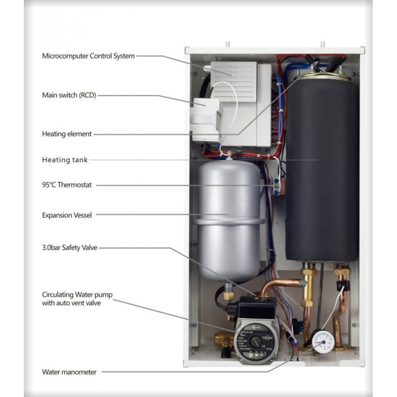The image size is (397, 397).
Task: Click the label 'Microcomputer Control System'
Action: pyautogui.click(x=88, y=56)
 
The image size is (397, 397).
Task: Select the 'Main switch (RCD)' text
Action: pyautogui.click(x=69, y=95)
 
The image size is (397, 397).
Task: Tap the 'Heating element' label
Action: pyautogui.click(x=66, y=133)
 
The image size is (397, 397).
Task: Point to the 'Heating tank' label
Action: pyautogui.click(x=65, y=160)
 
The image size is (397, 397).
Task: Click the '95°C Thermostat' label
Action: pyautogui.click(x=67, y=185)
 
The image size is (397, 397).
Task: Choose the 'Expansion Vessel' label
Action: pyautogui.click(x=67, y=215)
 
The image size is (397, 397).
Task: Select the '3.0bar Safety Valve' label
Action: pyautogui.click(x=69, y=247)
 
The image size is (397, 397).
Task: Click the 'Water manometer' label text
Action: pyautogui.click(x=69, y=372)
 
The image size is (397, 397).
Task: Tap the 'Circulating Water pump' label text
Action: pyautogui.click(x=77, y=295)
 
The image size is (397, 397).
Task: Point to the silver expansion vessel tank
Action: pyautogui.click(x=229, y=220)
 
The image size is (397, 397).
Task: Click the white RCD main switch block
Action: pyautogui.click(x=205, y=120)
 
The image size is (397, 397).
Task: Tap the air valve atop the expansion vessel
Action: pyautogui.click(x=230, y=155)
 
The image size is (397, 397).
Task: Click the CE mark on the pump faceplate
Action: pyautogui.click(x=264, y=345)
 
